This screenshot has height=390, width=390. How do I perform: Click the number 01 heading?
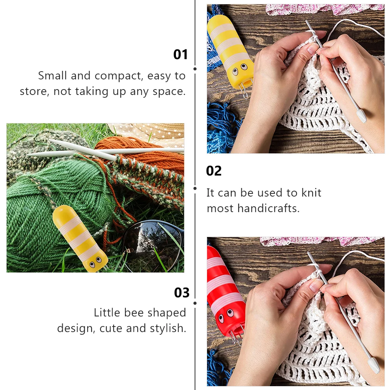click(180, 54)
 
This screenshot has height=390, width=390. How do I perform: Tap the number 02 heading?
click(214, 171)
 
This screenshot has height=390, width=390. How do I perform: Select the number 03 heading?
click(181, 293)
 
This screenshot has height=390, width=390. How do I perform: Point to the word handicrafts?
click(269, 208)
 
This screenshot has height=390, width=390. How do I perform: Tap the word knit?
click(311, 193)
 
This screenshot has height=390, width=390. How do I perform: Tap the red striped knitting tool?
click(225, 291)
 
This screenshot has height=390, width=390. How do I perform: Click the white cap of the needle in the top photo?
click(362, 116)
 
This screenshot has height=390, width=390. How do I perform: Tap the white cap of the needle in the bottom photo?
click(374, 365)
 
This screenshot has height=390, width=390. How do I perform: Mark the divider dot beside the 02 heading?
click(195, 188)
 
